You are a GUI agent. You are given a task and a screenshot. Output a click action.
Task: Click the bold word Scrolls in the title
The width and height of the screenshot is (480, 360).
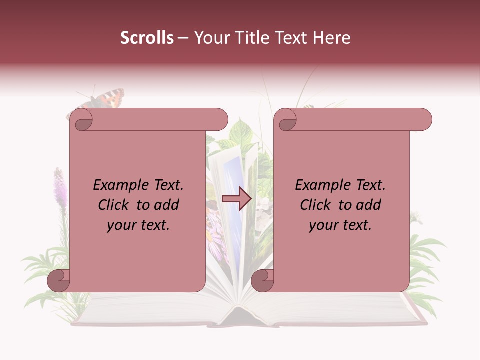(x=147, y=38)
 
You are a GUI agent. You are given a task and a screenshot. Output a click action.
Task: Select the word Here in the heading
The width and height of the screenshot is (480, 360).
(x=331, y=38)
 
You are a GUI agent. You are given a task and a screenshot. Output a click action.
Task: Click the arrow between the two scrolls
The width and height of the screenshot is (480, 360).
(x=237, y=199)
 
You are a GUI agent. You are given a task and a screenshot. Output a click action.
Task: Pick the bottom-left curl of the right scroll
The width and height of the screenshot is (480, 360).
(x=263, y=280)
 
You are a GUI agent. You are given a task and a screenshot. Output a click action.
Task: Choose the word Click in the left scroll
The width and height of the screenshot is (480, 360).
(x=115, y=205)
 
